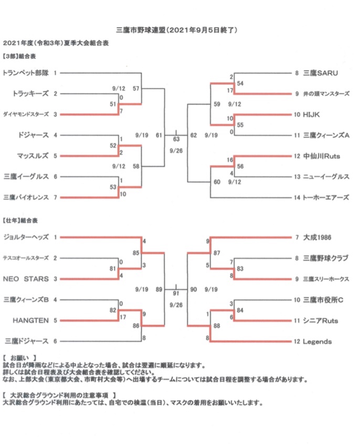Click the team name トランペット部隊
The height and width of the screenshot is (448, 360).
(x=25, y=73)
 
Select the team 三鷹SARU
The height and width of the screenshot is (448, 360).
(x=320, y=73)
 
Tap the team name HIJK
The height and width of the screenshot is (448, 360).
(x=311, y=114)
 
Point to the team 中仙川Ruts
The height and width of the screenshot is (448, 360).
(x=322, y=156)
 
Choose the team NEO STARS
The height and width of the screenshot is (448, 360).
(x=26, y=279)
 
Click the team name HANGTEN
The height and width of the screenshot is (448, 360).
(x=30, y=320)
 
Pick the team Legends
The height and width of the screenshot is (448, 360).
(x=317, y=341)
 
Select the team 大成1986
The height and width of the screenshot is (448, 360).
(x=317, y=237)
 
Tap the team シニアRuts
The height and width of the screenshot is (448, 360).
(x=320, y=320)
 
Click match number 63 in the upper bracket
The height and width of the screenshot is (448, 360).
(x=176, y=139)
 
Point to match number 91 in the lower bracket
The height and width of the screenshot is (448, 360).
(x=176, y=293)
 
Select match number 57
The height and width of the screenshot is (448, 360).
(x=136, y=89)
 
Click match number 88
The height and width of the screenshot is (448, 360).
(x=217, y=326)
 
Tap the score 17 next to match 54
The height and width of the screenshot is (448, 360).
(x=230, y=90)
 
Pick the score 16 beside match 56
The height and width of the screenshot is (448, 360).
(x=230, y=160)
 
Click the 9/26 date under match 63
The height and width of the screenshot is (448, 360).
(x=176, y=151)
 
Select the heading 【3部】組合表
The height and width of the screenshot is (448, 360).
(x=19, y=56)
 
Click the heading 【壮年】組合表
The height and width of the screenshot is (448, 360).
(x=20, y=220)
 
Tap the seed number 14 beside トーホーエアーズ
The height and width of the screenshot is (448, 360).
(x=297, y=197)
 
